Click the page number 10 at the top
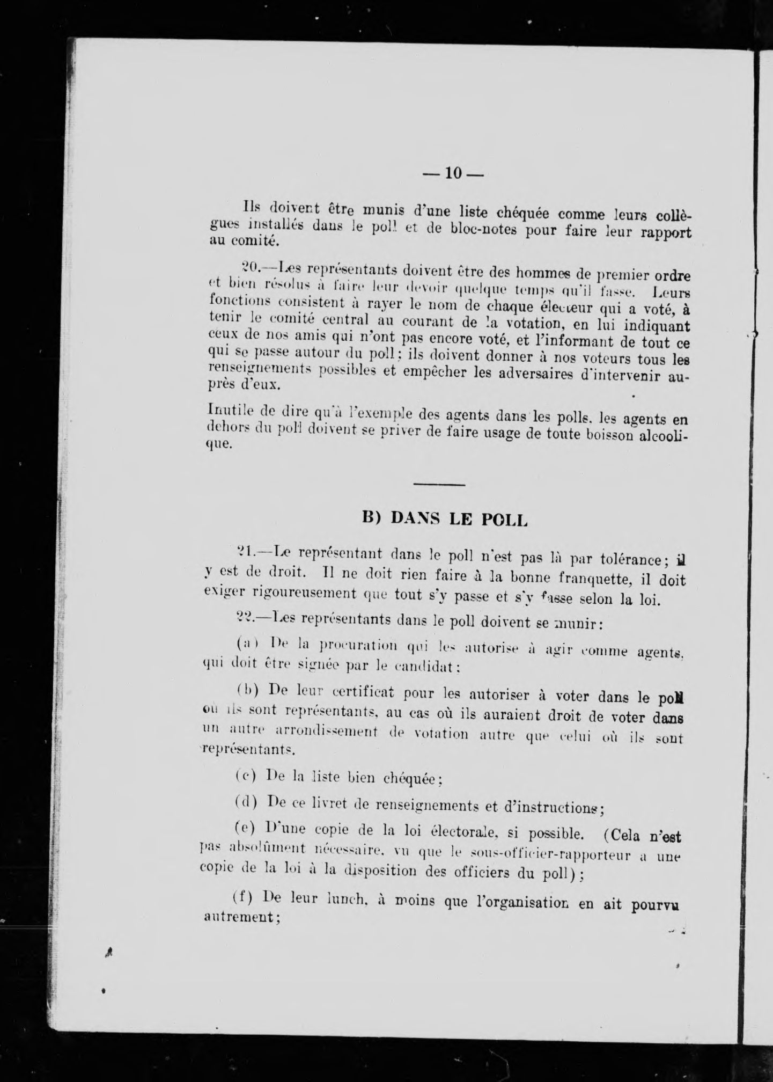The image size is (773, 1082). click(453, 173)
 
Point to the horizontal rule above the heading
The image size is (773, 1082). click(439, 485)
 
